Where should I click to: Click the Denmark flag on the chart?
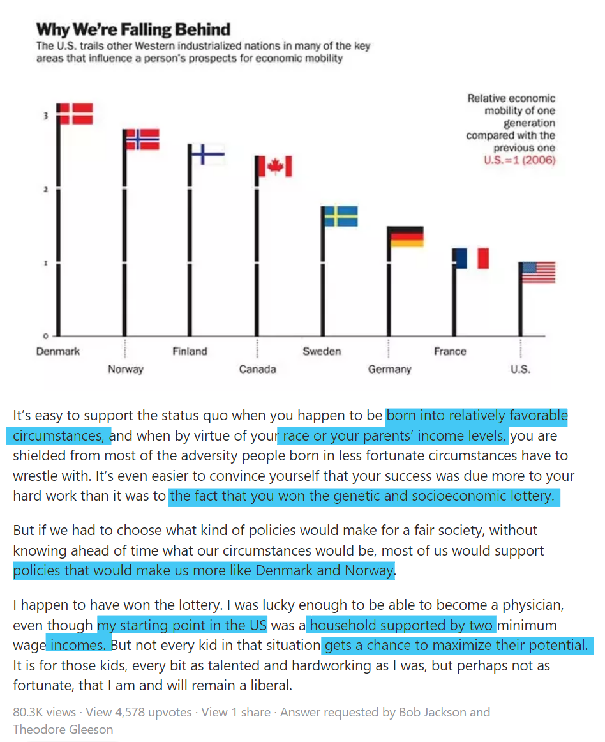tap(75, 114)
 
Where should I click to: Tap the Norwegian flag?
tap(142, 139)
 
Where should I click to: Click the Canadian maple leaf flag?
tap(274, 167)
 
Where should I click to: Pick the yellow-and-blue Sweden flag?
tap(341, 216)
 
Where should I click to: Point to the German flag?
tap(407, 236)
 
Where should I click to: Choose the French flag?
tap(473, 258)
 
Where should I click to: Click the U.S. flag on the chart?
tap(539, 272)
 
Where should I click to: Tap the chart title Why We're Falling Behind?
tap(133, 29)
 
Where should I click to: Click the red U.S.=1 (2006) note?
tap(519, 160)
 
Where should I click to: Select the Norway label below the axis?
tap(126, 369)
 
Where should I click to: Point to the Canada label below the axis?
tap(257, 369)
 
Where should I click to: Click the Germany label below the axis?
tap(389, 369)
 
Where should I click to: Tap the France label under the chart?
tap(450, 351)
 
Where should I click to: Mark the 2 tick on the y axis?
tap(45, 190)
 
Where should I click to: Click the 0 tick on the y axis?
tap(45, 336)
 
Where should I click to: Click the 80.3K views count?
tap(44, 712)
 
